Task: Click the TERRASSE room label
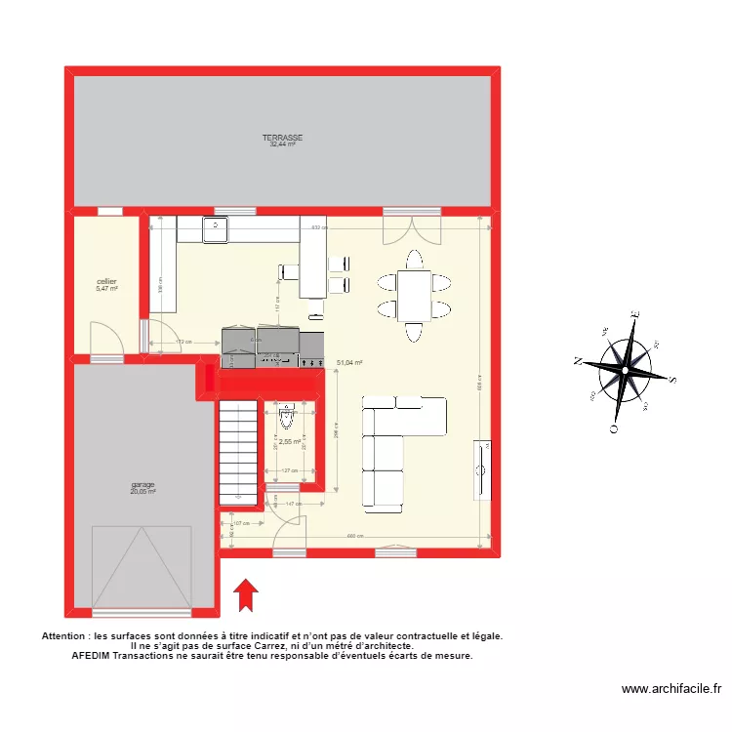282,139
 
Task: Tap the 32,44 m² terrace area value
282,145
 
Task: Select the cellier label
106,281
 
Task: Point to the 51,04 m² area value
349,362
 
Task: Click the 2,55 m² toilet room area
289,441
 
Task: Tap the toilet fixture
286,418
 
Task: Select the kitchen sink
215,229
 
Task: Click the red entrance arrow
245,594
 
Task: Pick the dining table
415,295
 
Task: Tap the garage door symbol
140,566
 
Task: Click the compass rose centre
625,367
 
